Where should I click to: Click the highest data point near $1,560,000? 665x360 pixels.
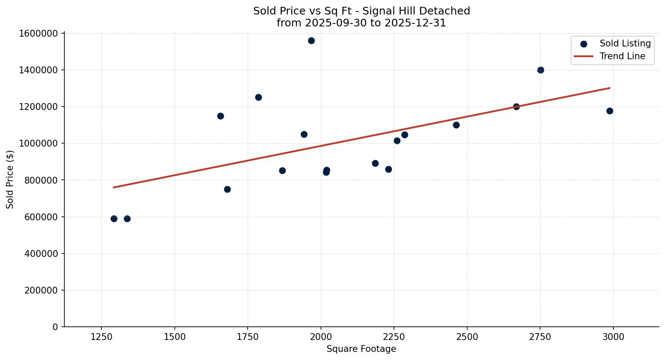point(311,40)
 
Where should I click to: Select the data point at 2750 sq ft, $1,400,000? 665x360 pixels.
point(541,70)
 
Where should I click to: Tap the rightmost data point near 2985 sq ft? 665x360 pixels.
point(610,111)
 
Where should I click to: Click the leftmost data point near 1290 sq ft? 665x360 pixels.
point(114,219)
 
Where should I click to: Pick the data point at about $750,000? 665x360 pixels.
point(227,189)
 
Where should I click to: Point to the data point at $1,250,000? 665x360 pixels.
point(258,97)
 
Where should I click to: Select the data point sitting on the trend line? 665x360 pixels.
point(516,107)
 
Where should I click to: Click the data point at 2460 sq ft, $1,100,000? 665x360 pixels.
point(456,125)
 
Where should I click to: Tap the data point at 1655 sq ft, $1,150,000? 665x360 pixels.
point(220,116)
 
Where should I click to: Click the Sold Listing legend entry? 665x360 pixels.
point(625,43)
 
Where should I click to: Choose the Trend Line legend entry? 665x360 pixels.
point(622,56)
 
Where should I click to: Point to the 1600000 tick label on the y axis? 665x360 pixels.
point(38,33)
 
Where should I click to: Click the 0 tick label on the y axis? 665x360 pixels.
point(55,327)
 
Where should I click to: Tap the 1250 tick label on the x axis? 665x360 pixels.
point(101,337)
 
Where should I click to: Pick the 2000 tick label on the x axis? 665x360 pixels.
point(321,337)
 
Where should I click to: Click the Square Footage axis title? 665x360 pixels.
point(361,349)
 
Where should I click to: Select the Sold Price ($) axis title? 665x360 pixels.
point(10,179)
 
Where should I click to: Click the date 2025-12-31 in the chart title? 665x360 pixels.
point(415,23)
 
